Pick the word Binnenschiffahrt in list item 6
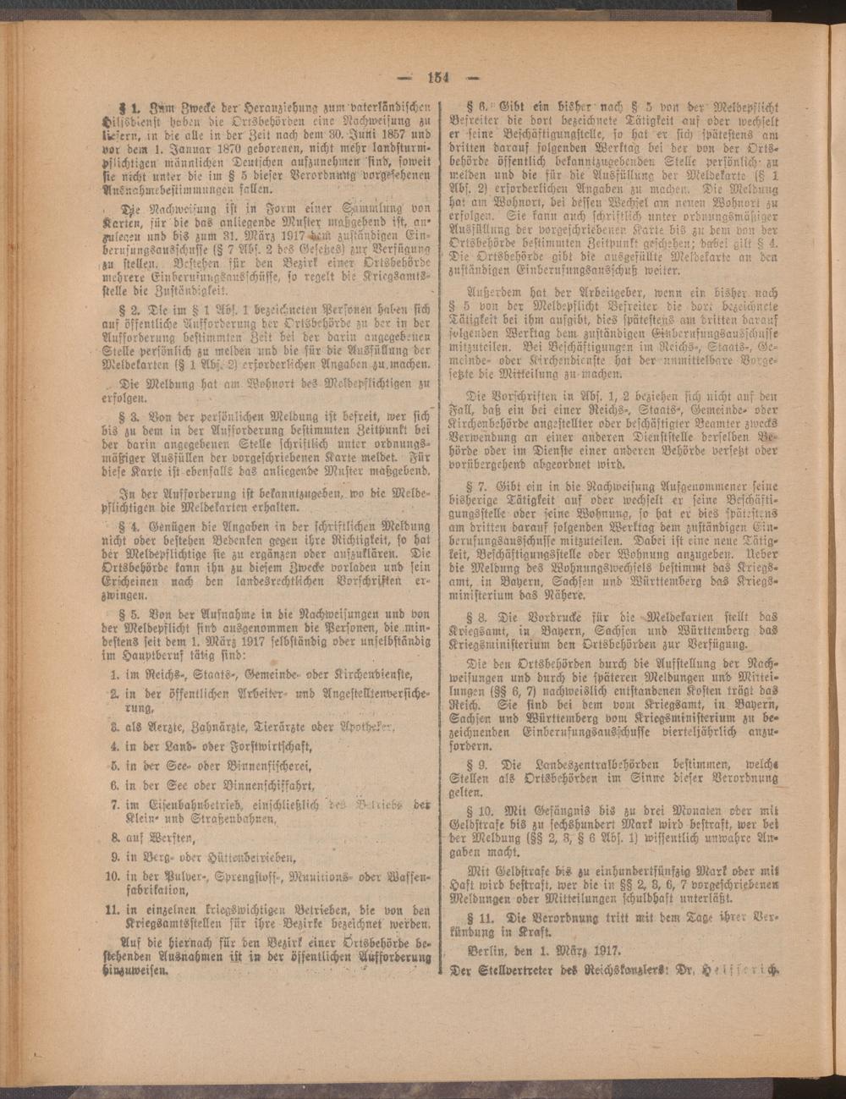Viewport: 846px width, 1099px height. pyautogui.click(x=259, y=786)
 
